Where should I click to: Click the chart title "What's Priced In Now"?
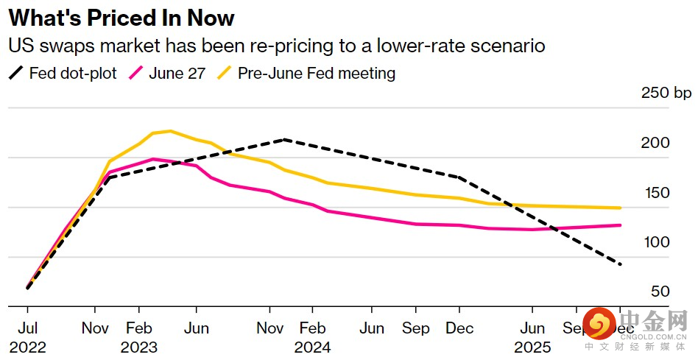click(121, 17)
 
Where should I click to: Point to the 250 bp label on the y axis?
click(666, 93)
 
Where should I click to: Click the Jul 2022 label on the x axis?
click(27, 337)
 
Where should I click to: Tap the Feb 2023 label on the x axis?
click(139, 337)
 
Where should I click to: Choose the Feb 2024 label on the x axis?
click(313, 337)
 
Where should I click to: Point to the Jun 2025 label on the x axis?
click(533, 337)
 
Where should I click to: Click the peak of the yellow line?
click(170, 131)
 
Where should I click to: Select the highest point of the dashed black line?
click(284, 139)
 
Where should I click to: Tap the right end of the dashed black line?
click(621, 264)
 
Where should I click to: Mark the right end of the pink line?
click(621, 225)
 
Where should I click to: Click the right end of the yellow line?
click(621, 208)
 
